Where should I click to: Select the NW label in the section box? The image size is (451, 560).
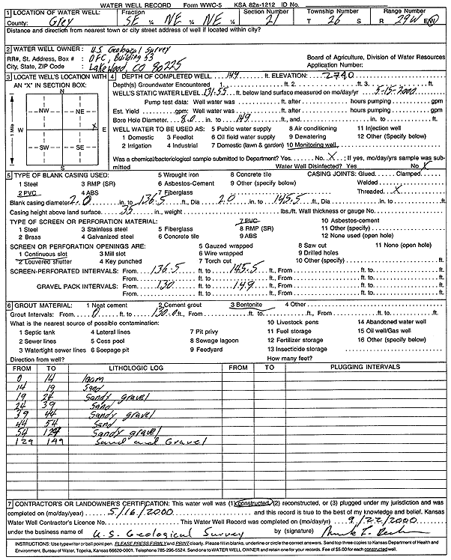(x=43, y=109)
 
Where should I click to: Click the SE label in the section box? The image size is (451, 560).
(x=80, y=147)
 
